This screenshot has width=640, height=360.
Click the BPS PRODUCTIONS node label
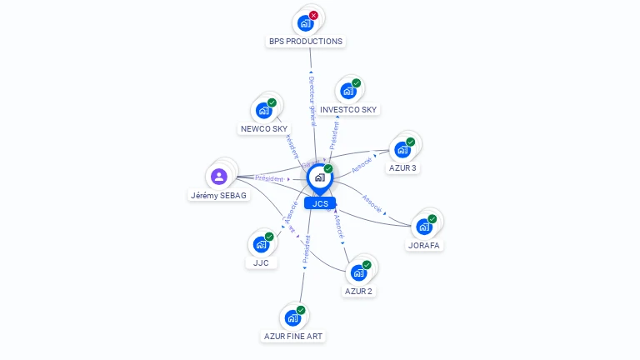point(305,41)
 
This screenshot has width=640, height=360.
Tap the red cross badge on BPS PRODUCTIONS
point(313,15)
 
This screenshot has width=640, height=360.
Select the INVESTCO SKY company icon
point(348,91)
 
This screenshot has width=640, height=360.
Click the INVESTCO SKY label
point(348,109)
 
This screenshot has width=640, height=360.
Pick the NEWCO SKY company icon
point(263,110)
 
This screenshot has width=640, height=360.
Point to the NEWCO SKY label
point(263,128)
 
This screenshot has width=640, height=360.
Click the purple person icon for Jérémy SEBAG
point(219,176)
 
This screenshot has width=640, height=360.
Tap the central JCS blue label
point(320,202)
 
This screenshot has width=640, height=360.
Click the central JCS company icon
point(319,177)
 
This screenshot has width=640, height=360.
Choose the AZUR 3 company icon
point(402,149)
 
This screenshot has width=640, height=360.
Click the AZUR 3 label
point(402,167)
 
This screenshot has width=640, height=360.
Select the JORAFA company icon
point(424,227)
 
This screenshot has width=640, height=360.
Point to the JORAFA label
point(424,245)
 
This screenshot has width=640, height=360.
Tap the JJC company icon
point(261,244)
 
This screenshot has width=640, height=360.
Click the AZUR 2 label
point(358,291)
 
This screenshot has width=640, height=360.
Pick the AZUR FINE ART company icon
point(292,317)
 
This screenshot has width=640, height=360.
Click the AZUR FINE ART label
point(293,336)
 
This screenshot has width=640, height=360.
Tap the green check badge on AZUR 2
point(367,265)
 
